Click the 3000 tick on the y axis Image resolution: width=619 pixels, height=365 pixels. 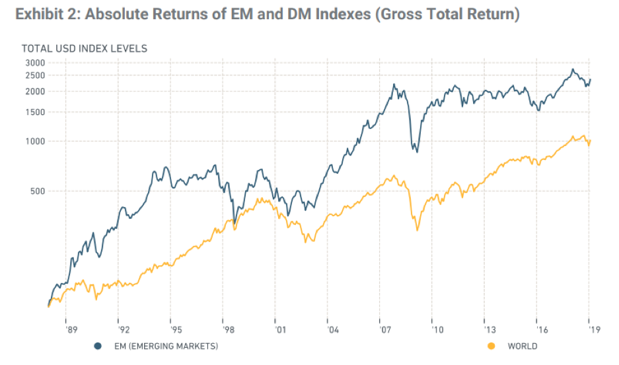click(x=35, y=63)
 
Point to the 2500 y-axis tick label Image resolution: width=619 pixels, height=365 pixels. click(x=35, y=75)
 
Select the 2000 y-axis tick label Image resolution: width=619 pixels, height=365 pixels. click(x=35, y=91)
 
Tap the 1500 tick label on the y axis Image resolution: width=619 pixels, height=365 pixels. click(x=35, y=112)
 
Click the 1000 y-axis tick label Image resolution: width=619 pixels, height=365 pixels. click(x=35, y=141)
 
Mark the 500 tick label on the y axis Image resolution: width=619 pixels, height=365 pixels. click(x=38, y=191)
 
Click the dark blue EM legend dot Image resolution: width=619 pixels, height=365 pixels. click(x=98, y=346)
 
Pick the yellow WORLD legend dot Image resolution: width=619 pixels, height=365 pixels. click(x=490, y=346)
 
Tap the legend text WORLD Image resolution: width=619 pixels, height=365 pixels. click(x=522, y=346)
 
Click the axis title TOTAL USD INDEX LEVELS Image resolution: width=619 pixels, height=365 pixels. click(x=84, y=48)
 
